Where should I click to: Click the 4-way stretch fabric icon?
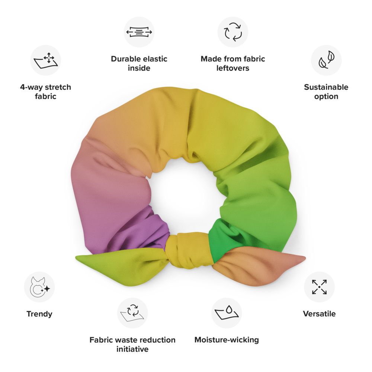click(x=45, y=60)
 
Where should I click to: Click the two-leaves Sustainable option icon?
click(x=326, y=60)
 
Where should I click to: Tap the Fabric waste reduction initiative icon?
click(x=132, y=312)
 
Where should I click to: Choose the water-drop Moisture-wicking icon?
click(x=227, y=312)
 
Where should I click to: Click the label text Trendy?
click(x=39, y=314)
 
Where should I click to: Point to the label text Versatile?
click(x=319, y=314)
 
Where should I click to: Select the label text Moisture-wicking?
click(x=227, y=340)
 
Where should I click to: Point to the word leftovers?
click(x=233, y=68)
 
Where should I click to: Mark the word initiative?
click(x=132, y=349)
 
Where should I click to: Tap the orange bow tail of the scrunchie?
click(x=260, y=266)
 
